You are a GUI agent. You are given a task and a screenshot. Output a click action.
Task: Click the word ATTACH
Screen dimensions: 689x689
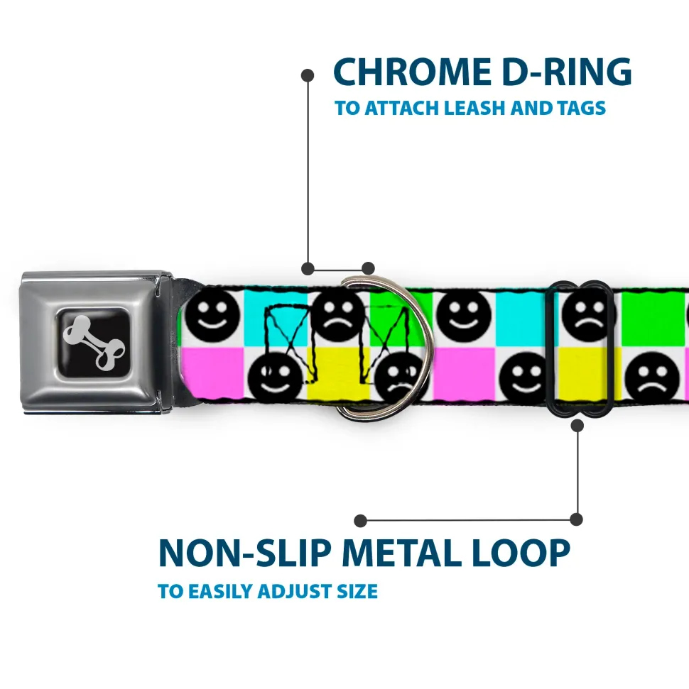coord(402,109)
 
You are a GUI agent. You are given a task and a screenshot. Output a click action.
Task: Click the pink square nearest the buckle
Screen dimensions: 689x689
coord(213,372)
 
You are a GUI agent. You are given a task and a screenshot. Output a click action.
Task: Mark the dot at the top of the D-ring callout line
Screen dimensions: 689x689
coord(308,74)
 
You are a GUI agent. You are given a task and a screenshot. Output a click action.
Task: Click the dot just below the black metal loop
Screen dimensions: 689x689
coord(577,426)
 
